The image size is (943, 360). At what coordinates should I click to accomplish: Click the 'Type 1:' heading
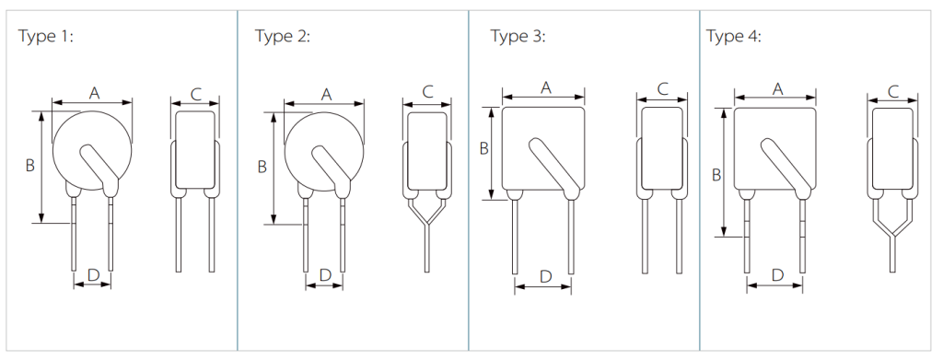click(46, 36)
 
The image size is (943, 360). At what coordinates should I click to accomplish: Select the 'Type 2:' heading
click(283, 36)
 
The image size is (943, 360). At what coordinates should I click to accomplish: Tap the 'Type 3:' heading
click(518, 36)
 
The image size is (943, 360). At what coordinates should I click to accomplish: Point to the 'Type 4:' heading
click(734, 36)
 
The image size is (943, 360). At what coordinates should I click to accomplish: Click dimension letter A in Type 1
click(94, 93)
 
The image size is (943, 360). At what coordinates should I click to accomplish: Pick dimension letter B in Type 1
click(30, 166)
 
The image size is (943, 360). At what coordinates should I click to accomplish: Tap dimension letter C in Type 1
click(195, 94)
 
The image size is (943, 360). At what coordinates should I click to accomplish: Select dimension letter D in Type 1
click(93, 275)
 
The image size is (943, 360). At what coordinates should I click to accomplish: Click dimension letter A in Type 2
click(326, 94)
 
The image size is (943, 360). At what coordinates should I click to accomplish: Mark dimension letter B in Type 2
click(262, 167)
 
